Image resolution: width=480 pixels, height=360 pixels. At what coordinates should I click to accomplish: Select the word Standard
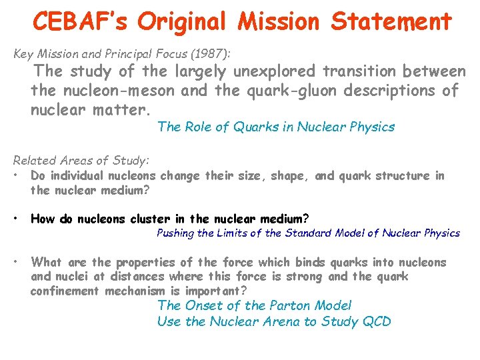[x=308, y=233]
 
